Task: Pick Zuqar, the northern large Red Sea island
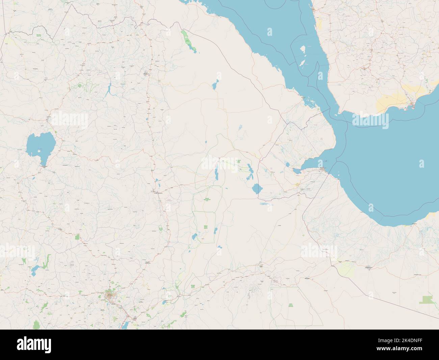click(303, 49)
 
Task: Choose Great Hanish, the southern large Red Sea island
click(300, 63)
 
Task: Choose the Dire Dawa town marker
click(261, 267)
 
